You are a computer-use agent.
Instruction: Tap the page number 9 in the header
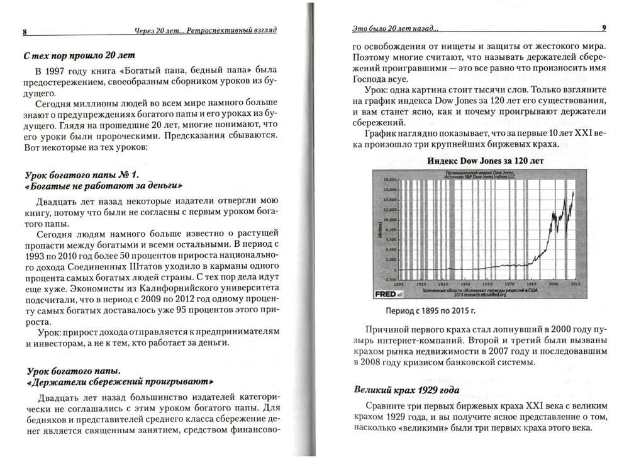click(x=604, y=28)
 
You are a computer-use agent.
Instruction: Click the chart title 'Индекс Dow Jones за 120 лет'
click(x=485, y=161)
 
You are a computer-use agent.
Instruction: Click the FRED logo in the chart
click(x=386, y=294)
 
